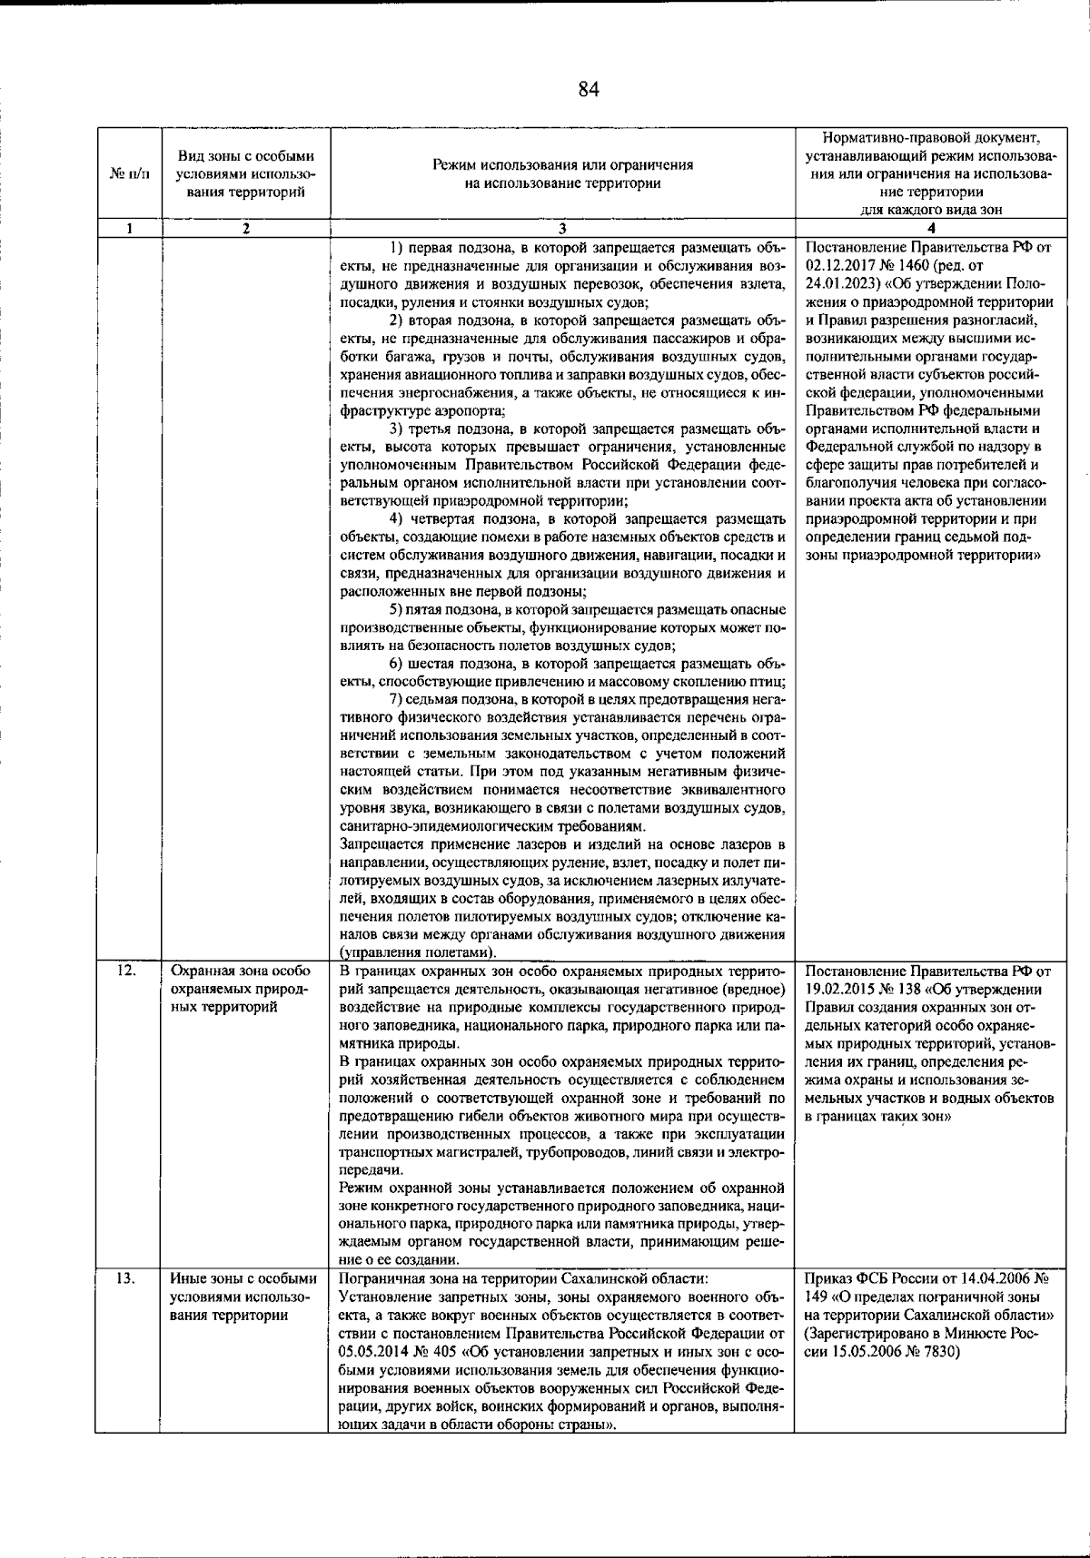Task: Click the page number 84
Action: tap(589, 89)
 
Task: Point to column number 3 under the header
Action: tap(562, 229)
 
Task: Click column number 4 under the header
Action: tap(930, 229)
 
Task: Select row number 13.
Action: tap(127, 1279)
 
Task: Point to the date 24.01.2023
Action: tap(837, 283)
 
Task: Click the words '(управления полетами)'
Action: tap(417, 953)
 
